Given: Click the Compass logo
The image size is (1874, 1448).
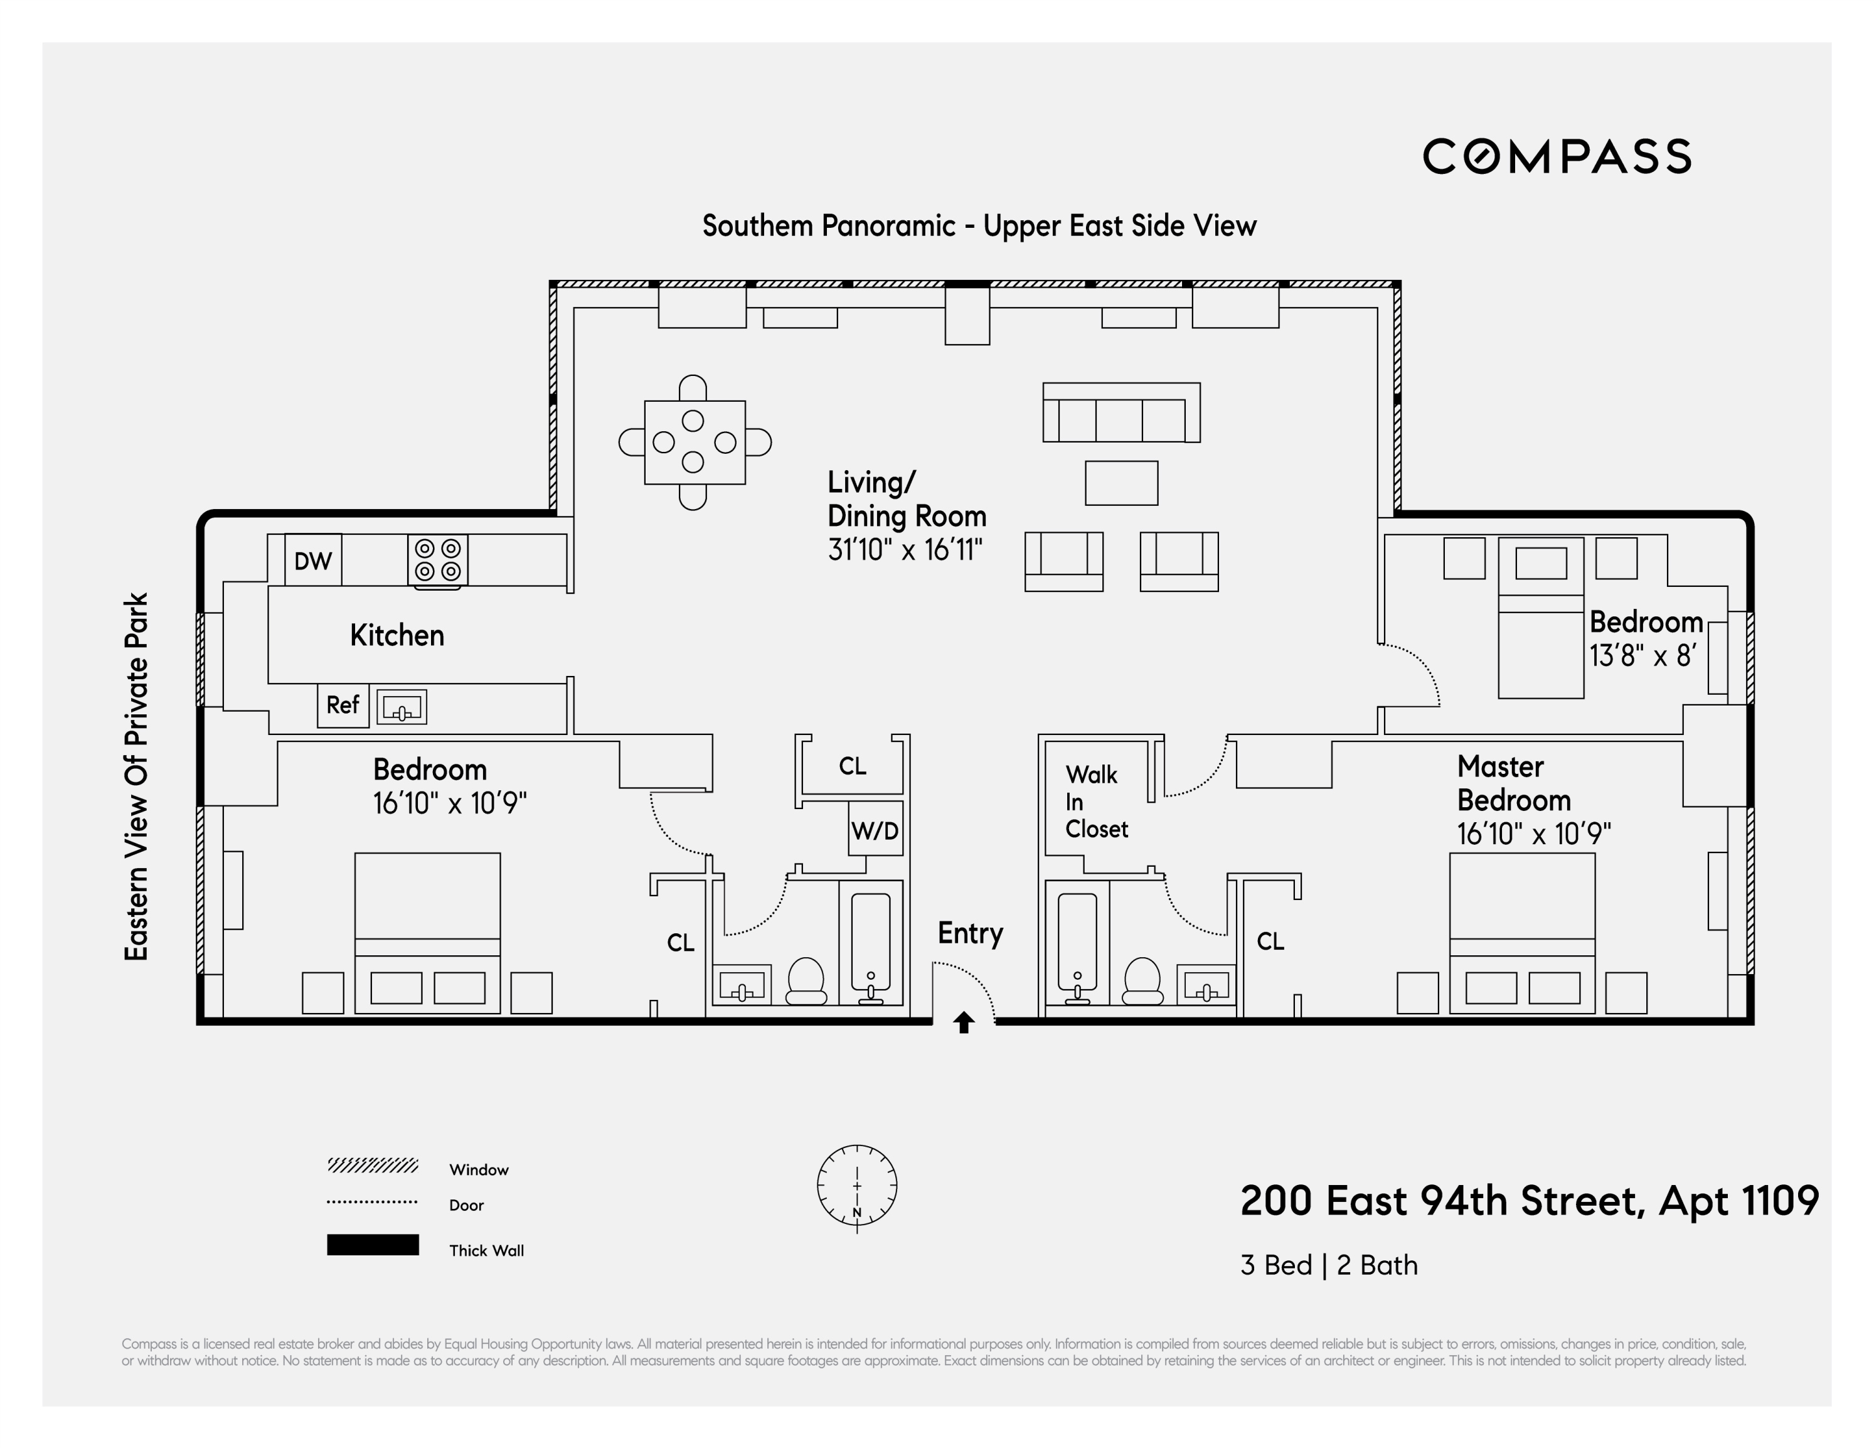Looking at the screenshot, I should tap(1557, 156).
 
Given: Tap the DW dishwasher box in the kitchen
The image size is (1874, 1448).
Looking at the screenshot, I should tap(312, 560).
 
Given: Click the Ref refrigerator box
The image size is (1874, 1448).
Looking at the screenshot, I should tap(343, 705).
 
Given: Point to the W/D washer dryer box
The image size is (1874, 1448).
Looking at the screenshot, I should tap(875, 829).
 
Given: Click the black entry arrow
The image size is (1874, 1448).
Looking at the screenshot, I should tap(964, 1022).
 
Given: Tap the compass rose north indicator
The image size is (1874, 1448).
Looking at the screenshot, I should tap(856, 1186).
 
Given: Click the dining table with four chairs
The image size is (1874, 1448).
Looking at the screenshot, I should tap(694, 442).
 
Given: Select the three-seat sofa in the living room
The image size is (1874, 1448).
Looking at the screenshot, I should tap(1121, 413).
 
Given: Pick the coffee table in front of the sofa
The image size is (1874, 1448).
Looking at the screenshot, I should tap(1121, 483).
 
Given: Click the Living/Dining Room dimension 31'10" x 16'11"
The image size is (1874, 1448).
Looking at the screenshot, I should tap(905, 549).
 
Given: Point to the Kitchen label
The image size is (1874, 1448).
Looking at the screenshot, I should tap(397, 635).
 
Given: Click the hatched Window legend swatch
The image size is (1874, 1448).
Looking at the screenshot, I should tap(373, 1165).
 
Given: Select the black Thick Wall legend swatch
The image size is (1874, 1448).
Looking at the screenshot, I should tap(373, 1245).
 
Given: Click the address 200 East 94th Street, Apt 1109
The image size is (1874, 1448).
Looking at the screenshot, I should tap(1529, 1200).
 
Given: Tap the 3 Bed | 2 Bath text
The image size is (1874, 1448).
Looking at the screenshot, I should tap(1328, 1265).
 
